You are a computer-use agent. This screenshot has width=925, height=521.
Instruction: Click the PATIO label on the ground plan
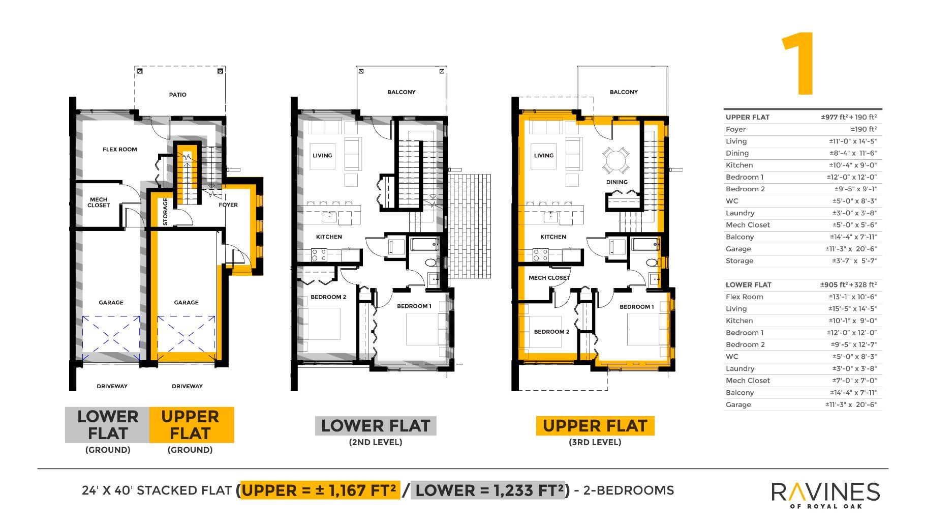[177, 95]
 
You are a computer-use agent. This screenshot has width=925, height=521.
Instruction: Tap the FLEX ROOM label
[120, 150]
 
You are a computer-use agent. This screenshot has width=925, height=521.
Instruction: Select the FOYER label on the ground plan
[228, 205]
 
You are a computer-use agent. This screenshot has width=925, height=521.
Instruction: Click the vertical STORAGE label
[165, 212]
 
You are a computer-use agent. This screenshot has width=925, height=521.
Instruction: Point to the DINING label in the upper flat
[616, 182]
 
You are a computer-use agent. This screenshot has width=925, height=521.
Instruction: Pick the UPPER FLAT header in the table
[747, 117]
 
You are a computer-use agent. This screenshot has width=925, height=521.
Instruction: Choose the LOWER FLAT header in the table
[748, 285]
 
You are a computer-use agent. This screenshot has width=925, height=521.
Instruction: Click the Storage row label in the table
[739, 261]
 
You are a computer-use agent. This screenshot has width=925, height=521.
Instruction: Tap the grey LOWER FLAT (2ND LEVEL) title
[376, 426]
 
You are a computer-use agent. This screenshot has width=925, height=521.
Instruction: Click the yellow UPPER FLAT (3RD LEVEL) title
[595, 426]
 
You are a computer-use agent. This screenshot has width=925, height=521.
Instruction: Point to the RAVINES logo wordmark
[825, 492]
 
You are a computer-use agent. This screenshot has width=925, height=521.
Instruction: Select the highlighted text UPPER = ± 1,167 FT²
[320, 490]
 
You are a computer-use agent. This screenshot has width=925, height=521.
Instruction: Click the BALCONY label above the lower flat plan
[402, 92]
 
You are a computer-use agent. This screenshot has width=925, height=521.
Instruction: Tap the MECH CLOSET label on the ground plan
[99, 202]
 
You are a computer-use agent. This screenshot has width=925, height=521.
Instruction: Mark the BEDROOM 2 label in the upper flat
[551, 332]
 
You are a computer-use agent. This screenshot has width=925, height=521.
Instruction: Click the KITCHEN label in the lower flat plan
[329, 237]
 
